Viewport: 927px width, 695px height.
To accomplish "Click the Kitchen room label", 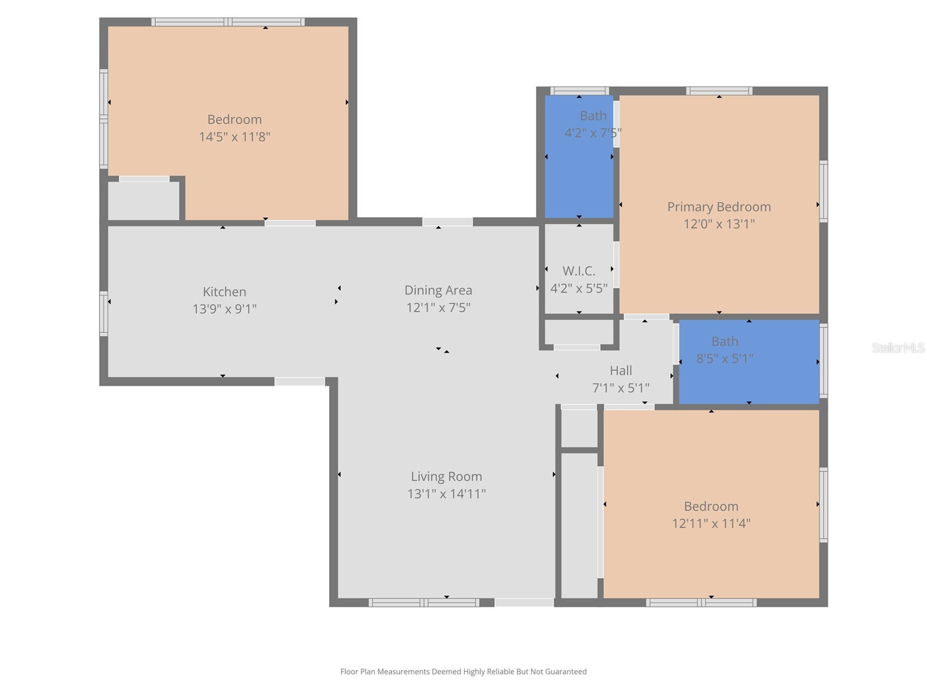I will click(224, 292).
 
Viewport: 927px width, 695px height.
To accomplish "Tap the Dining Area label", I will click(438, 290).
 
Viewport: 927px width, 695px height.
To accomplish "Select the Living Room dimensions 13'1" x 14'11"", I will click(446, 494).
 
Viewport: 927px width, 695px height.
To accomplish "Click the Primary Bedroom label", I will click(718, 207).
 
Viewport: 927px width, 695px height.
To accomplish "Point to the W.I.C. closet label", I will click(579, 271).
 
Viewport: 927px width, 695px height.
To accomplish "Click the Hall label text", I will click(621, 371).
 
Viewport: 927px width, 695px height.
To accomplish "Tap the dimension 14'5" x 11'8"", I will click(235, 137).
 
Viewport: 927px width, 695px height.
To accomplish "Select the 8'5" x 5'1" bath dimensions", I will click(724, 359).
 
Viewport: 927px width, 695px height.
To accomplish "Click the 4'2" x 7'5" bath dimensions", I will click(592, 133).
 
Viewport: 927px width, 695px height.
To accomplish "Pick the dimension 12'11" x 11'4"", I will click(711, 524).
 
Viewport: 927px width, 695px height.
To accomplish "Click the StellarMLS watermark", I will click(897, 348).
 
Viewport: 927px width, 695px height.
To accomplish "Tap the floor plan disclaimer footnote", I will click(463, 672).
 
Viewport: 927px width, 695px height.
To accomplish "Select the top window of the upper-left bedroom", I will click(228, 23).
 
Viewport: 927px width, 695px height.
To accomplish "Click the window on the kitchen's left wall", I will click(104, 314).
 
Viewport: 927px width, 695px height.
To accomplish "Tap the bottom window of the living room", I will click(424, 603).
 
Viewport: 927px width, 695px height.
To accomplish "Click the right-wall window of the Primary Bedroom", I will click(823, 191).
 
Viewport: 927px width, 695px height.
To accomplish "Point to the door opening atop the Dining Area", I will click(447, 222).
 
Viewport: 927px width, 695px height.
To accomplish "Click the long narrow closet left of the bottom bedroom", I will click(579, 524).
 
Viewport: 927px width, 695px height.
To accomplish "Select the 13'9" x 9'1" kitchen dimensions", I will click(224, 309).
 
